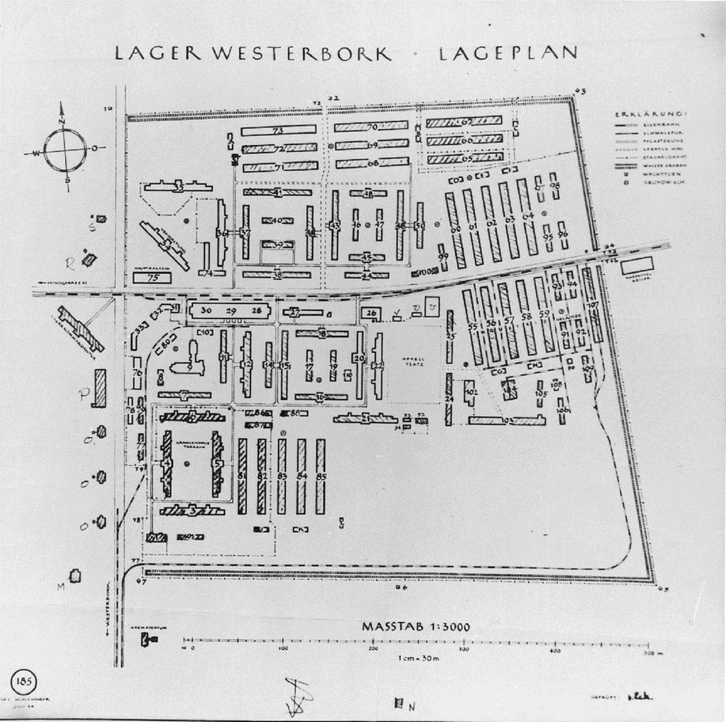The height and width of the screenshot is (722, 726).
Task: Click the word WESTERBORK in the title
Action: click(302, 53)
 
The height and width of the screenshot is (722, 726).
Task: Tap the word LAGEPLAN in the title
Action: click(508, 53)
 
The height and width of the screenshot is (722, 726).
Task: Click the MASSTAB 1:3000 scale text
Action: click(416, 627)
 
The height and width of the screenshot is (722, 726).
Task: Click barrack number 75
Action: click(152, 278)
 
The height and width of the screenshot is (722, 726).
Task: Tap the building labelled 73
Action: click(278, 131)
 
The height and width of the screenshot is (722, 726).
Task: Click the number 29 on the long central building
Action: click(231, 311)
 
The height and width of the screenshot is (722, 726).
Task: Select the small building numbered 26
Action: click(371, 313)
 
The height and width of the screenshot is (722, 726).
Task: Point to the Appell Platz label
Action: click(413, 361)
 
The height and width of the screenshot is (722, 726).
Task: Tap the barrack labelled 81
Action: click(242, 476)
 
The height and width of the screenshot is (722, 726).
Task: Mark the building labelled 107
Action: click(593, 306)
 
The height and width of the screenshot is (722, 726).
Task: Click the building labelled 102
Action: click(471, 392)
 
